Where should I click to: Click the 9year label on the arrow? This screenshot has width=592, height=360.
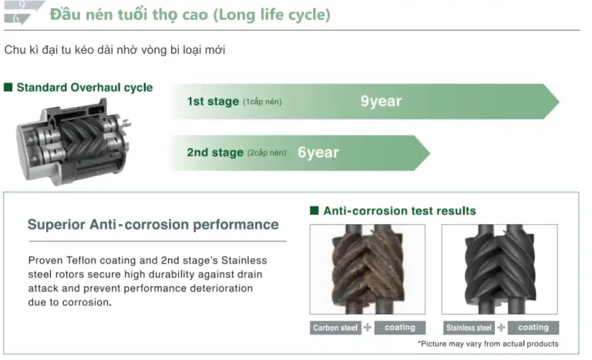tap(381, 101)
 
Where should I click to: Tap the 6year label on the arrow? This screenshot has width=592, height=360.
tap(318, 153)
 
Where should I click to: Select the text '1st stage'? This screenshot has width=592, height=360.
tap(213, 101)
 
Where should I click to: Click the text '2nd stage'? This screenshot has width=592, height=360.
tap(215, 153)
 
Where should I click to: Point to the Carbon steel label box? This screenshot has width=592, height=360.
tap(335, 328)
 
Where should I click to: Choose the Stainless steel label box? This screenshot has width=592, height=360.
tap(469, 328)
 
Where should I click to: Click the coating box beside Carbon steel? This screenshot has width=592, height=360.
tap(400, 328)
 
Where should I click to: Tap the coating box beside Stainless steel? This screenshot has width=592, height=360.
tap(533, 328)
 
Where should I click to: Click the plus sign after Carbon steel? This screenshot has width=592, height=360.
tap(368, 328)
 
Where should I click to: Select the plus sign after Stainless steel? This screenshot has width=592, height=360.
tap(501, 328)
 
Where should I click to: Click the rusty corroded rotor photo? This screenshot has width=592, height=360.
tap(368, 269)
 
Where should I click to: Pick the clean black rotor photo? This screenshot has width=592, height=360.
tap(499, 269)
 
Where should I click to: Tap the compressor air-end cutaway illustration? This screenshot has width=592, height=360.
tap(74, 142)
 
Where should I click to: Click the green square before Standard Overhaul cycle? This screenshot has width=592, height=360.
tap(8, 87)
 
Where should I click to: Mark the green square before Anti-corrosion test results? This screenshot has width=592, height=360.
tap(314, 210)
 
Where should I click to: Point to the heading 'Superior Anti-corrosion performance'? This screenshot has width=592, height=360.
tap(153, 224)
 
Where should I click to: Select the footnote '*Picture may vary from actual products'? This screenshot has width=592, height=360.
tap(488, 344)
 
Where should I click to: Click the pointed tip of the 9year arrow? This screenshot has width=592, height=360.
tap(559, 101)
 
